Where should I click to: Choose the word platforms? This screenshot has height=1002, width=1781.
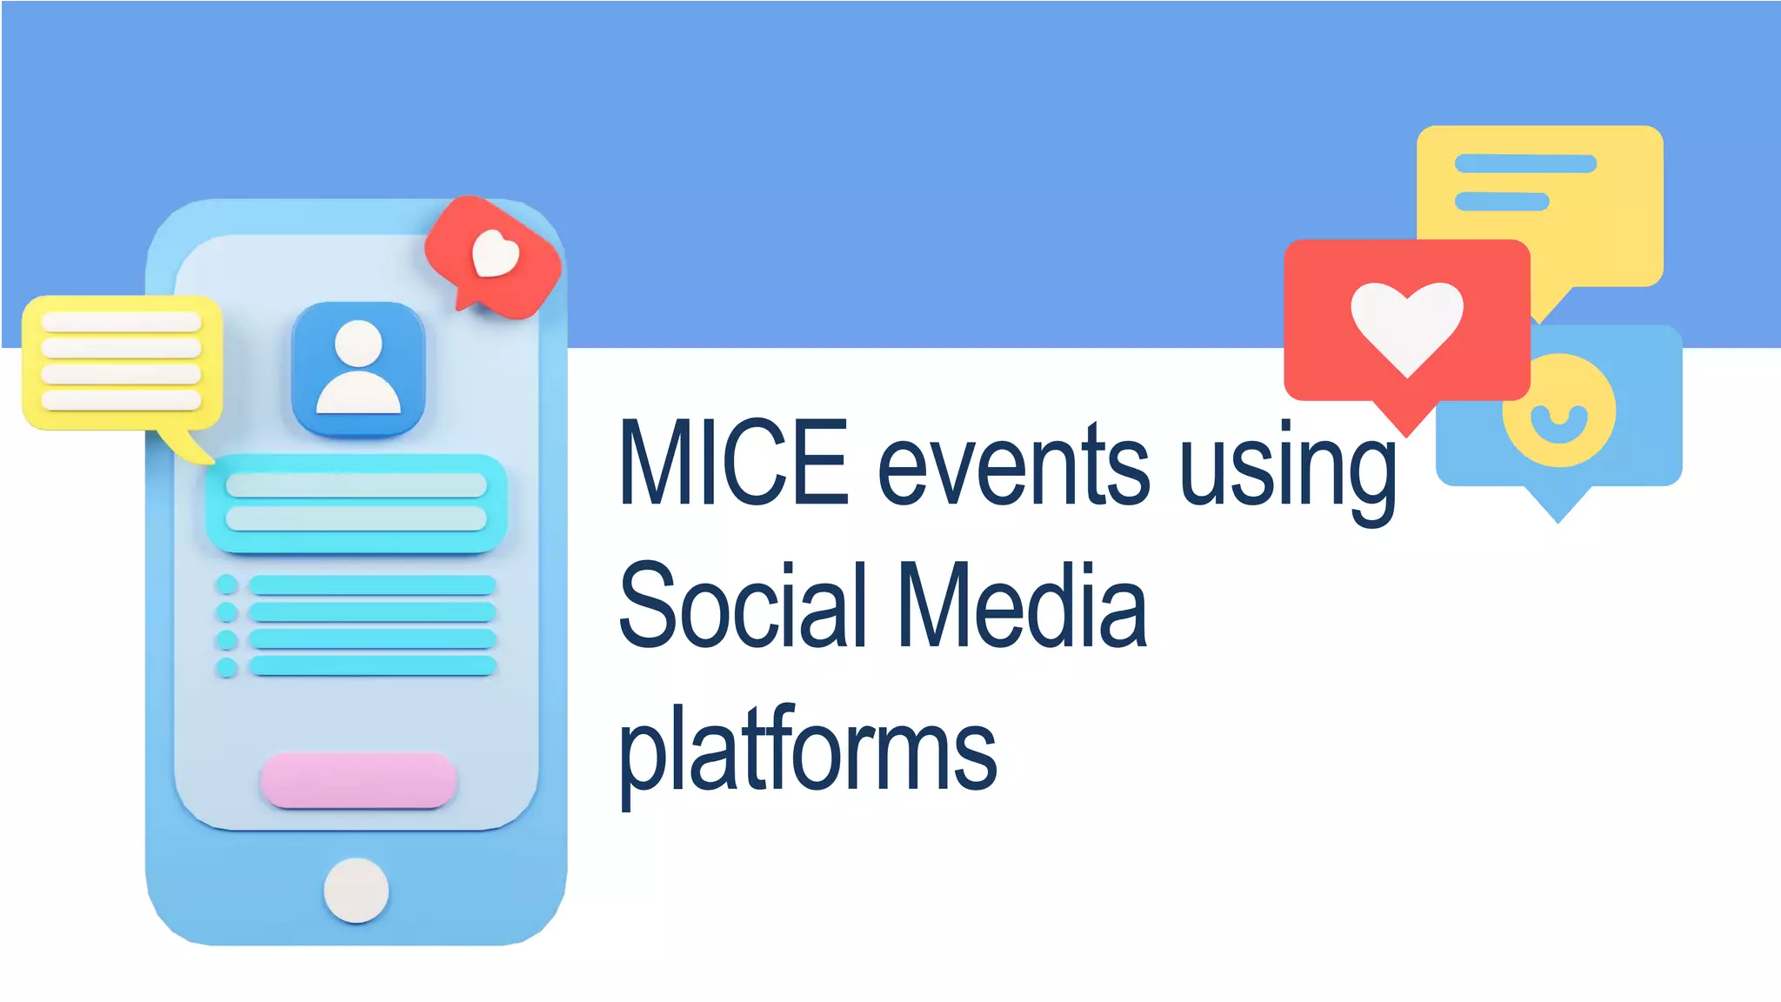[x=807, y=750]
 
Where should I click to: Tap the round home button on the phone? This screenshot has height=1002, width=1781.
[x=357, y=890]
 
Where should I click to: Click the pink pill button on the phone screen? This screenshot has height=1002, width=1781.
[x=358, y=779]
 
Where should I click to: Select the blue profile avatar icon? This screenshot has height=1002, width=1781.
[x=358, y=369]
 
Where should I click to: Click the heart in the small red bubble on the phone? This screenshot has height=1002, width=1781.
[x=495, y=254]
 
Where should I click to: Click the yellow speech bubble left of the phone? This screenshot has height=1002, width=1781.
[x=122, y=363]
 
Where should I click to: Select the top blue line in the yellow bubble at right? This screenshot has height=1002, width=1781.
[x=1525, y=164]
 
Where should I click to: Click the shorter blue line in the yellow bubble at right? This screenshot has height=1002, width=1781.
[x=1502, y=202]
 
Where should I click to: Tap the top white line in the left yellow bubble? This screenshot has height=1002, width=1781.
[x=122, y=322]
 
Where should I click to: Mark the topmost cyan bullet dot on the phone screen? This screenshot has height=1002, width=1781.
[x=227, y=584]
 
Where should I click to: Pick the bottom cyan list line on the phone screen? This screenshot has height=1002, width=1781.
[x=372, y=666]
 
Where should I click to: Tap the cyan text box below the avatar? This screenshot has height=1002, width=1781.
[x=357, y=503]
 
